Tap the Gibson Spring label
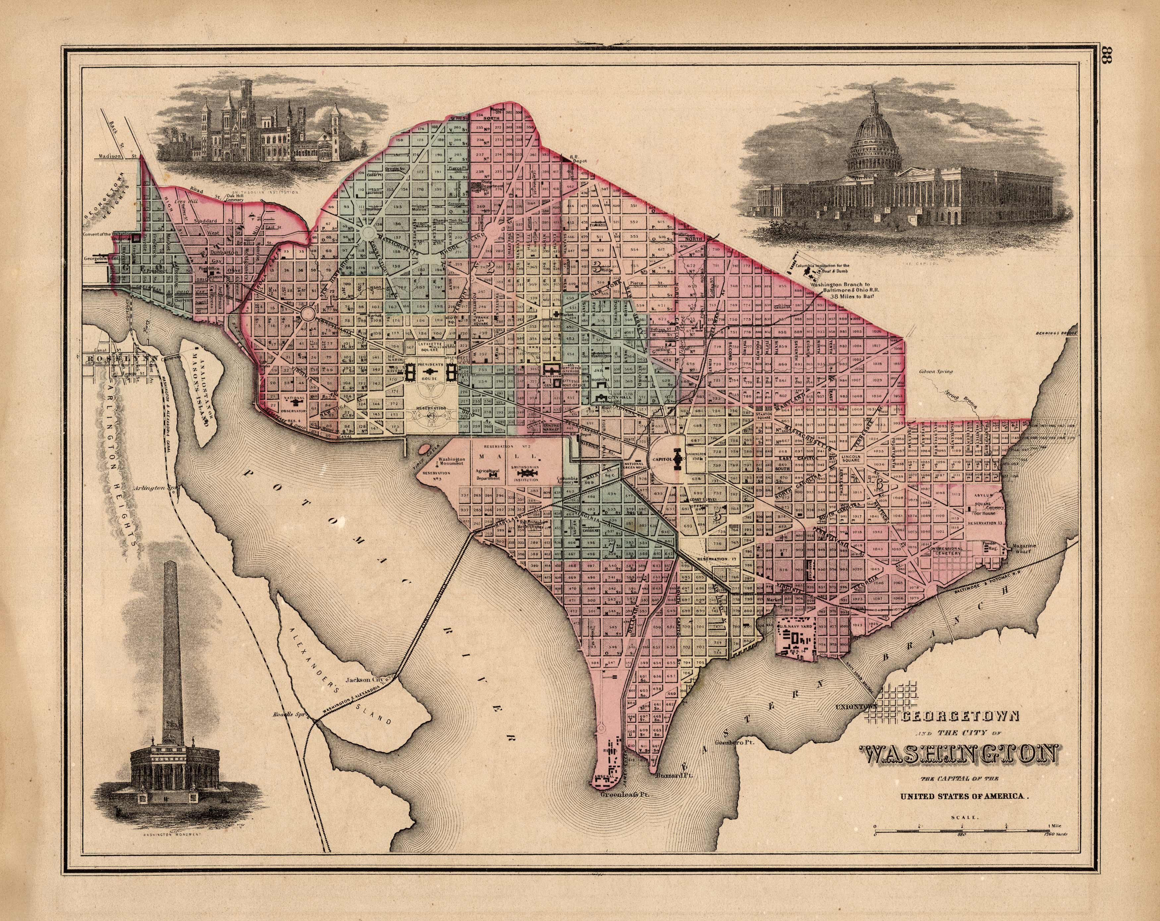[x=935, y=372]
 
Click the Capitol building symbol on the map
[x=677, y=459]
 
